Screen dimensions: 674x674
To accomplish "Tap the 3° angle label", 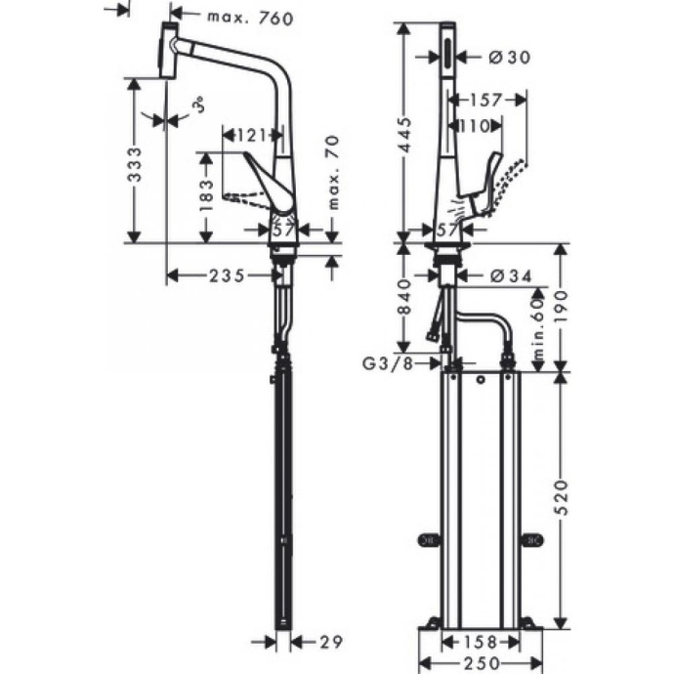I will coord(198,104).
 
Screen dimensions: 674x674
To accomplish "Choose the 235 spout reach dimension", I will coord(226,276).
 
